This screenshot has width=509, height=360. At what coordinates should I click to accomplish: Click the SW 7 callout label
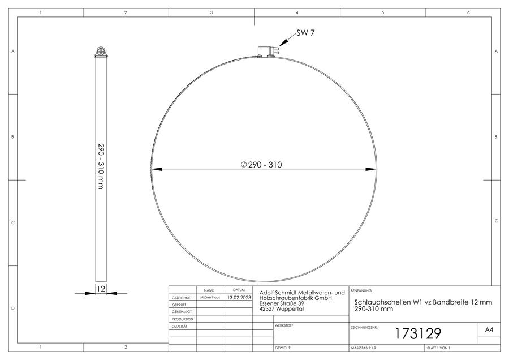305,33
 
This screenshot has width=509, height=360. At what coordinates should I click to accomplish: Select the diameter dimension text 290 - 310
261,165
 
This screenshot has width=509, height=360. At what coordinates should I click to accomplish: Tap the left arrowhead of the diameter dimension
157,169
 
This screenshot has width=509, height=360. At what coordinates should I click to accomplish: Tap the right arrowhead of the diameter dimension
370,169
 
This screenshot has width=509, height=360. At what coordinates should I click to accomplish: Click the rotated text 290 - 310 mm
101,166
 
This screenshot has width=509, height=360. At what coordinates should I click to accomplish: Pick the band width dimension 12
101,289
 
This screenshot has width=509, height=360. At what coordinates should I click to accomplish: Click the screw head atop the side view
101,52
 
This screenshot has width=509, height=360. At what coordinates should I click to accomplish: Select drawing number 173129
418,334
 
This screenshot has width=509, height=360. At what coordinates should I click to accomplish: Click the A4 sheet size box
489,330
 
